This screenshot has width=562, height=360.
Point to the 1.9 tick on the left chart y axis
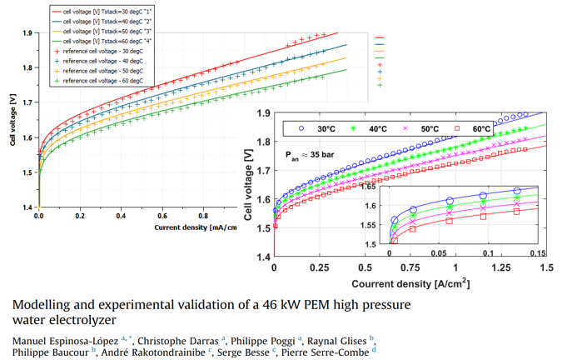click(27, 33)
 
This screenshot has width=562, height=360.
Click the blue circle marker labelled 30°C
click(301, 129)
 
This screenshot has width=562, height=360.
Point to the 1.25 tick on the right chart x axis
click(500, 270)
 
